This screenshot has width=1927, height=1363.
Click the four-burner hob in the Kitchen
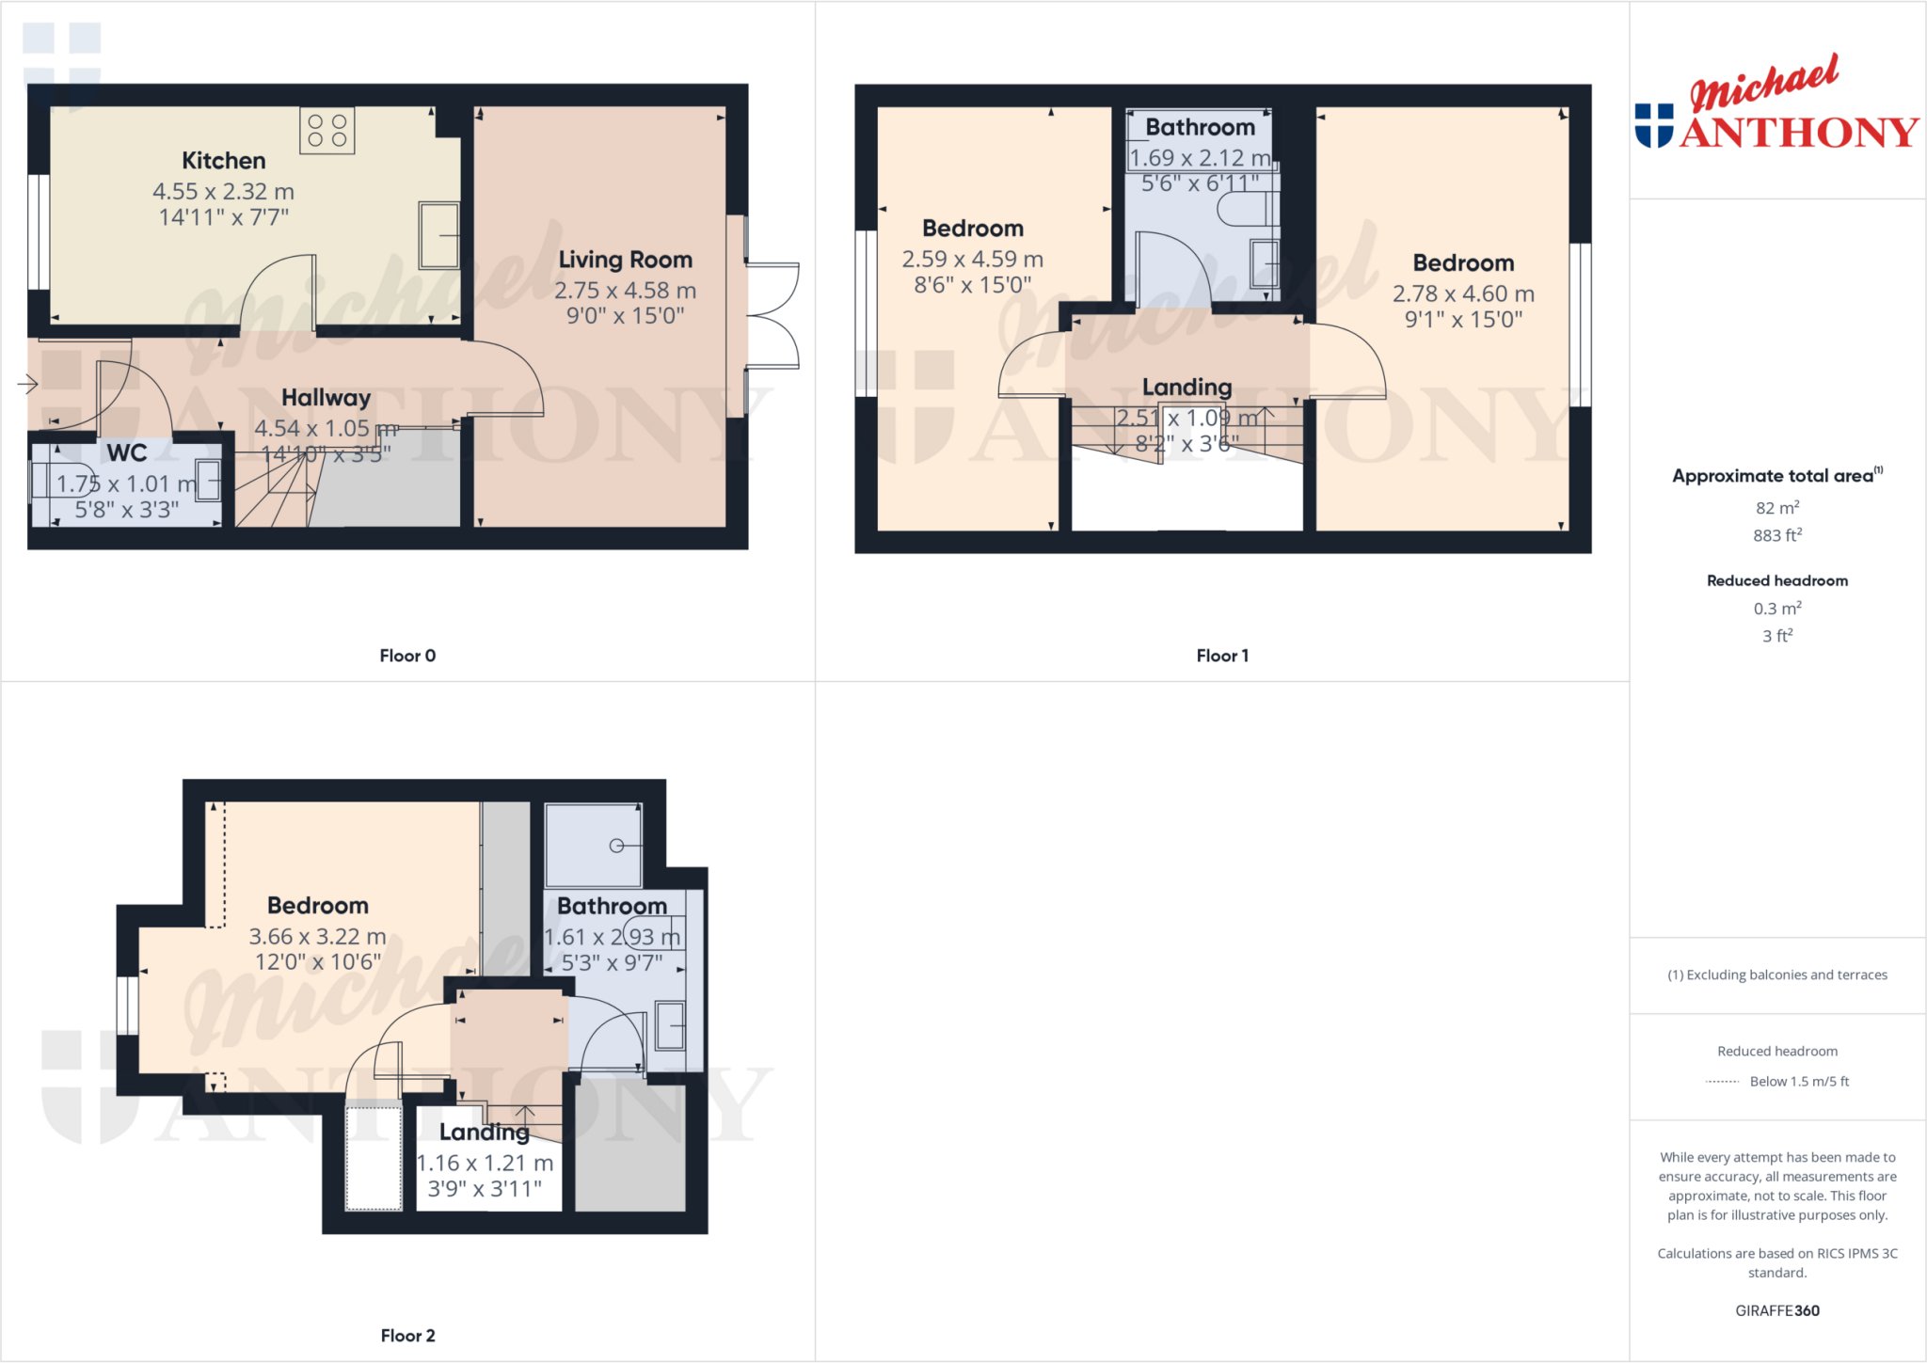coord(326,131)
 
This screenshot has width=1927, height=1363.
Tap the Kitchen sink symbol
coord(439,235)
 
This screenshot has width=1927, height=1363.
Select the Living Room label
coord(625,260)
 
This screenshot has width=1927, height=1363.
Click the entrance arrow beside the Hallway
coord(27,383)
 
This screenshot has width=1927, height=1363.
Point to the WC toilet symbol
coord(66,480)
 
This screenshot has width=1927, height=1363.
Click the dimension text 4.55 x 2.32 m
coord(223,192)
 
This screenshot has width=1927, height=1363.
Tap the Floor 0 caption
coord(407,656)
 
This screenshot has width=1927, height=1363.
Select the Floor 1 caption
coord(1222,656)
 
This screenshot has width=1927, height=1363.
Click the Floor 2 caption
coord(407,1336)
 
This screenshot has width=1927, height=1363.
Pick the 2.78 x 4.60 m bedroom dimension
coord(1463,294)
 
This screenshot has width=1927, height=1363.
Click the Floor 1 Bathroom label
coord(1200,127)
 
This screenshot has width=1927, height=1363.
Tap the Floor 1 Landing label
coord(1186,387)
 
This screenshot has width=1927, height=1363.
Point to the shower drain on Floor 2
coord(616,846)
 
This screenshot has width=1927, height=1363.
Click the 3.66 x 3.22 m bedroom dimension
coord(317,937)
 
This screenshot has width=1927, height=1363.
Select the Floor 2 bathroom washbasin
coord(670,1025)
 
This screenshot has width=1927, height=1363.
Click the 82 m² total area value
coord(1776,508)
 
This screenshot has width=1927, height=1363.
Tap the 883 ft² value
coord(1776,535)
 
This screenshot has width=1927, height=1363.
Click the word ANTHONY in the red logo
coord(1798,133)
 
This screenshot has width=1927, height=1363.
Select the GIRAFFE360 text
coord(1776,1310)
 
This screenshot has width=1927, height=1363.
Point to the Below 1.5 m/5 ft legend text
coord(1798,1082)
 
